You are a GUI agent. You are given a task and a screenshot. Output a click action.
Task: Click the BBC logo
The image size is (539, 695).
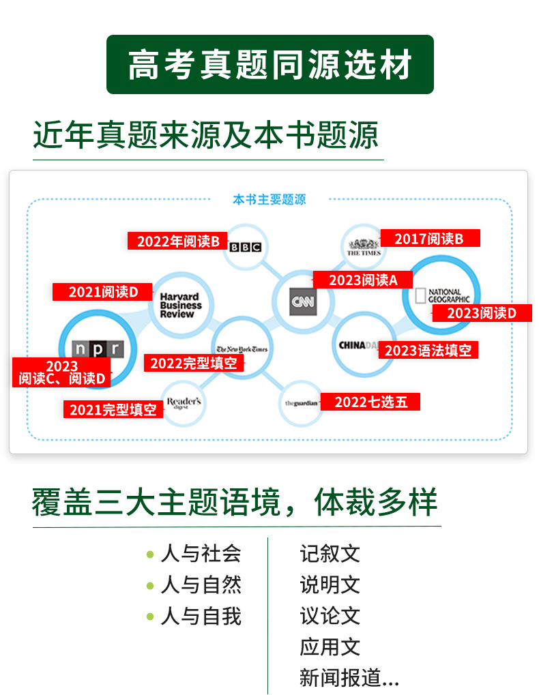[x=245, y=247]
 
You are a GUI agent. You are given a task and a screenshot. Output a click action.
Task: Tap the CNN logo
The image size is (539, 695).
[x=303, y=302]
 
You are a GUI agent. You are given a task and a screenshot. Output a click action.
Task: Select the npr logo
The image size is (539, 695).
[x=98, y=349]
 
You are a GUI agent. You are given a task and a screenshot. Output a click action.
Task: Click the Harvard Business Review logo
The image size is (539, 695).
[x=180, y=305]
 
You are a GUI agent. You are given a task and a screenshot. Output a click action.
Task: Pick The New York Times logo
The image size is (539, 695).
[x=242, y=349]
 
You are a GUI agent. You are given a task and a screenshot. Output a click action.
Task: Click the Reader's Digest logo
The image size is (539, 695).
[x=184, y=402]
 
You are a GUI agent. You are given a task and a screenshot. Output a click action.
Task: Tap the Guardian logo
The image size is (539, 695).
[x=302, y=403]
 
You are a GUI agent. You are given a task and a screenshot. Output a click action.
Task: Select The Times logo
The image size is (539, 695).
[x=364, y=247]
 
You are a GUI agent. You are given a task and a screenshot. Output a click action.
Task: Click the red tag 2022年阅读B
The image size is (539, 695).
[x=177, y=241]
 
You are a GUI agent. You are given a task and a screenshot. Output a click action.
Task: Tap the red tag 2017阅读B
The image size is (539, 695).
[x=430, y=239]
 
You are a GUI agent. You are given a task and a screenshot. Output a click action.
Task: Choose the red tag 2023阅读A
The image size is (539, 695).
[x=362, y=280]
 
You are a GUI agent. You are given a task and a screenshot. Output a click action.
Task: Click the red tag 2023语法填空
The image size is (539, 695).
[x=428, y=350]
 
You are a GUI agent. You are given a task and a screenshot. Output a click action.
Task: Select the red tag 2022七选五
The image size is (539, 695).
[x=370, y=402]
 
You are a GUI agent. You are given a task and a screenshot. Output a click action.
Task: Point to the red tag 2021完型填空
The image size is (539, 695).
[x=113, y=409]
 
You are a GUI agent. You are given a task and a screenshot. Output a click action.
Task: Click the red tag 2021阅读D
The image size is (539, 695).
[x=102, y=292]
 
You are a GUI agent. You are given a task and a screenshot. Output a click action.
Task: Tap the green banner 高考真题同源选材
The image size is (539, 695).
[x=270, y=64]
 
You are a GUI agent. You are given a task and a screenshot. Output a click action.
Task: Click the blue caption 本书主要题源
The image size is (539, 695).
[x=269, y=199]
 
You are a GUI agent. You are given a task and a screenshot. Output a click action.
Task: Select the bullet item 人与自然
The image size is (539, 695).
[x=194, y=585]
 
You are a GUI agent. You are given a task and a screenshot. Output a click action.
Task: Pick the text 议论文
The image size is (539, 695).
[x=330, y=616]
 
